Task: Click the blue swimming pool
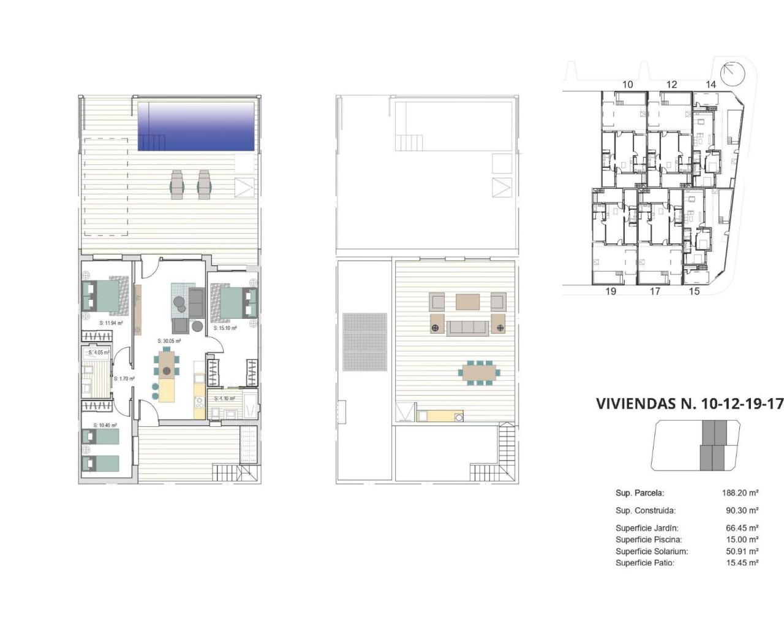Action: click(195, 126)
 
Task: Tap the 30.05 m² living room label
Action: click(169, 341)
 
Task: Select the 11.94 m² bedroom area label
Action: click(111, 323)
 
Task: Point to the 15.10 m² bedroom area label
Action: click(225, 328)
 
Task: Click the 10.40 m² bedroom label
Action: click(105, 425)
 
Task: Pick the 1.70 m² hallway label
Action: click(124, 379)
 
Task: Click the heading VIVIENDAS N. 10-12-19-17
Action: click(689, 404)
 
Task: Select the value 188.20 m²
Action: click(740, 493)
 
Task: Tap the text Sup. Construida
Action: click(645, 510)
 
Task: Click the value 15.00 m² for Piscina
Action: click(742, 540)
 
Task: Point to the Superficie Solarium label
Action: click(651, 551)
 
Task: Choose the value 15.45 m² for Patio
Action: click(742, 562)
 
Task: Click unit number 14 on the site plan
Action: click(710, 85)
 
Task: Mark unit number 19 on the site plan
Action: click(610, 291)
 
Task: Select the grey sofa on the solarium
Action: click(468, 327)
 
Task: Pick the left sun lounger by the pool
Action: click(177, 185)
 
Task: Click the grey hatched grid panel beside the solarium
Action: click(365, 342)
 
